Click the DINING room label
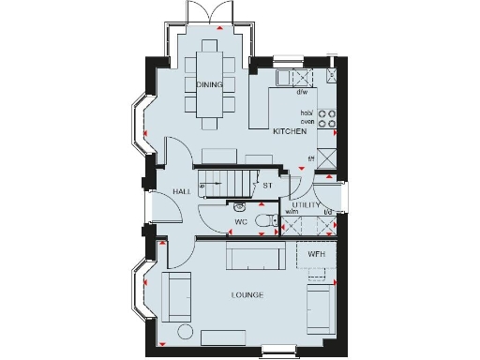(x=210, y=85)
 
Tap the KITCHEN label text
(x=290, y=132)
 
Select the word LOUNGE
(x=247, y=295)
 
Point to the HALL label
(x=182, y=191)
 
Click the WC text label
(x=241, y=222)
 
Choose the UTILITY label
(x=307, y=204)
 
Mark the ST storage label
(x=267, y=186)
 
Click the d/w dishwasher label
(x=302, y=92)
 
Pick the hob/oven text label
(x=307, y=116)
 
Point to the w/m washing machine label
(x=292, y=213)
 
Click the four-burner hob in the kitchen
(x=328, y=117)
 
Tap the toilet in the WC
(x=270, y=219)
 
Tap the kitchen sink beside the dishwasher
(x=300, y=76)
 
